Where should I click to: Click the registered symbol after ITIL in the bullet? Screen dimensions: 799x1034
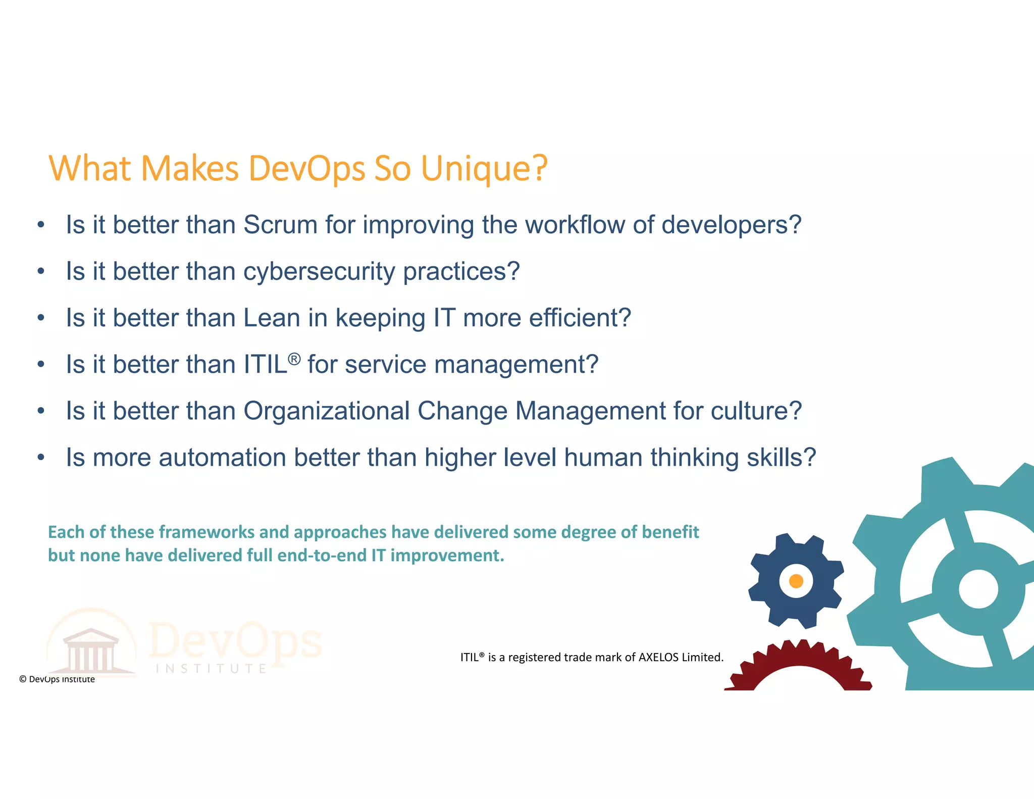(x=294, y=359)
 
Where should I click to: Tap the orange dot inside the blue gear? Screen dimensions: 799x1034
(x=796, y=581)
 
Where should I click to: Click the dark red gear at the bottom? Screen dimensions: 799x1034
(x=799, y=667)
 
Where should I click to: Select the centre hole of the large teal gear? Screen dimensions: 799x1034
(x=978, y=589)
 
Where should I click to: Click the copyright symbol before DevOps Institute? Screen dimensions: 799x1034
(x=23, y=679)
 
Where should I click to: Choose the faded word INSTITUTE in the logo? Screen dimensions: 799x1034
(x=211, y=669)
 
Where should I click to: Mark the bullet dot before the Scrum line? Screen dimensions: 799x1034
(x=41, y=225)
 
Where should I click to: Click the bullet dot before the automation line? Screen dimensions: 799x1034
(x=41, y=458)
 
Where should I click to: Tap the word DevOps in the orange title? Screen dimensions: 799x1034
(x=307, y=169)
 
